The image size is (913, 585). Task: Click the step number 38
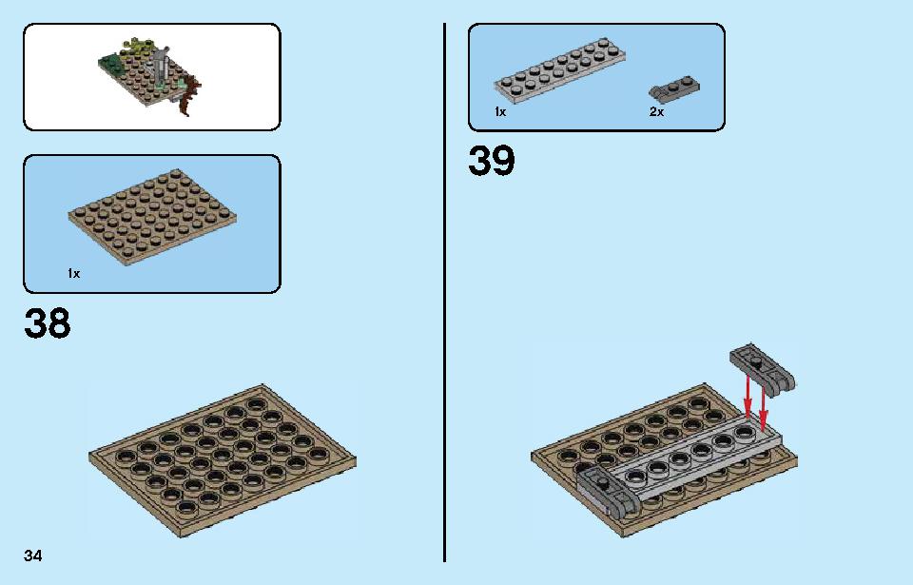tap(48, 323)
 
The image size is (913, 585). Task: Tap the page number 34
tap(32, 556)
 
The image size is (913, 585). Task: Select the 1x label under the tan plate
tap(74, 273)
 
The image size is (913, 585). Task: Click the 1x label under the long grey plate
tap(500, 111)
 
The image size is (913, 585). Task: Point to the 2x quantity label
tap(656, 111)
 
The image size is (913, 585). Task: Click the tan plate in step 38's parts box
tap(152, 216)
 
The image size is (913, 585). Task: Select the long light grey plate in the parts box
tap(560, 70)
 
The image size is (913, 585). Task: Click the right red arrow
tap(763, 405)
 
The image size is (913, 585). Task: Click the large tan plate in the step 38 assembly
tap(223, 460)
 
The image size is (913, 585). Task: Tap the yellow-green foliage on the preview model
tap(137, 49)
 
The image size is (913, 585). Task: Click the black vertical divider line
tap(445, 293)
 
